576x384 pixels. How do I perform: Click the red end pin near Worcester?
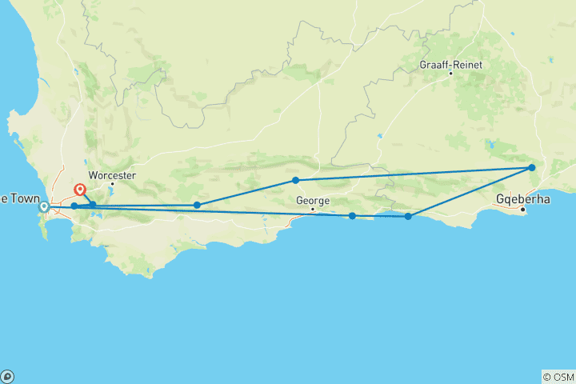pyautogui.click(x=80, y=190)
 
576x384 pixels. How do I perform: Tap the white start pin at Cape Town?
pyautogui.click(x=45, y=207)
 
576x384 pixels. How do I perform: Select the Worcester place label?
pyautogui.click(x=113, y=175)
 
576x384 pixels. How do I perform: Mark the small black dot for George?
pyautogui.click(x=313, y=210)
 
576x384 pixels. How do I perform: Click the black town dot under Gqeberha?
pyautogui.click(x=522, y=210)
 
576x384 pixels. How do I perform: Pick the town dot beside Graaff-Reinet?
pyautogui.click(x=450, y=74)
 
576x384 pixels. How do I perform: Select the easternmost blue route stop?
pyautogui.click(x=532, y=168)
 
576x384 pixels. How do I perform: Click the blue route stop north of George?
pyautogui.click(x=295, y=180)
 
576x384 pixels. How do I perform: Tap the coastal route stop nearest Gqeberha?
pyautogui.click(x=408, y=216)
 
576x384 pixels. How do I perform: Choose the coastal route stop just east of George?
pyautogui.click(x=352, y=215)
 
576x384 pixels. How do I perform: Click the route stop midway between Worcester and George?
pyautogui.click(x=197, y=205)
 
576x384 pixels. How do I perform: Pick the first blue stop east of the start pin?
pyautogui.click(x=74, y=206)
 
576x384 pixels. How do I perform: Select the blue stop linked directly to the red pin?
pyautogui.click(x=93, y=204)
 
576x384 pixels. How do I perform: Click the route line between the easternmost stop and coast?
pyautogui.click(x=470, y=192)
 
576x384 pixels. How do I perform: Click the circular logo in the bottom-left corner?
pyautogui.click(x=7, y=376)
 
